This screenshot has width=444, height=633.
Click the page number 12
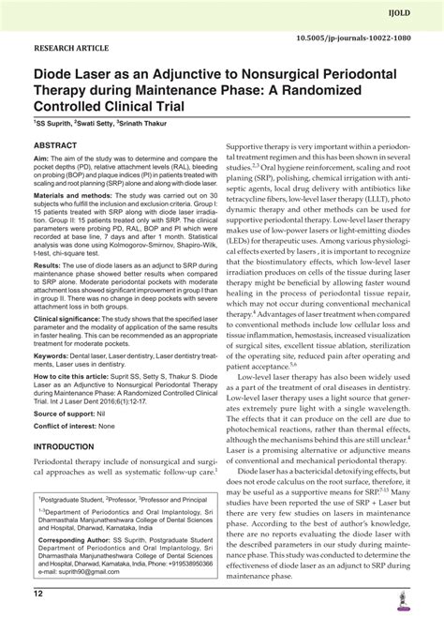[x=38, y=619]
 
